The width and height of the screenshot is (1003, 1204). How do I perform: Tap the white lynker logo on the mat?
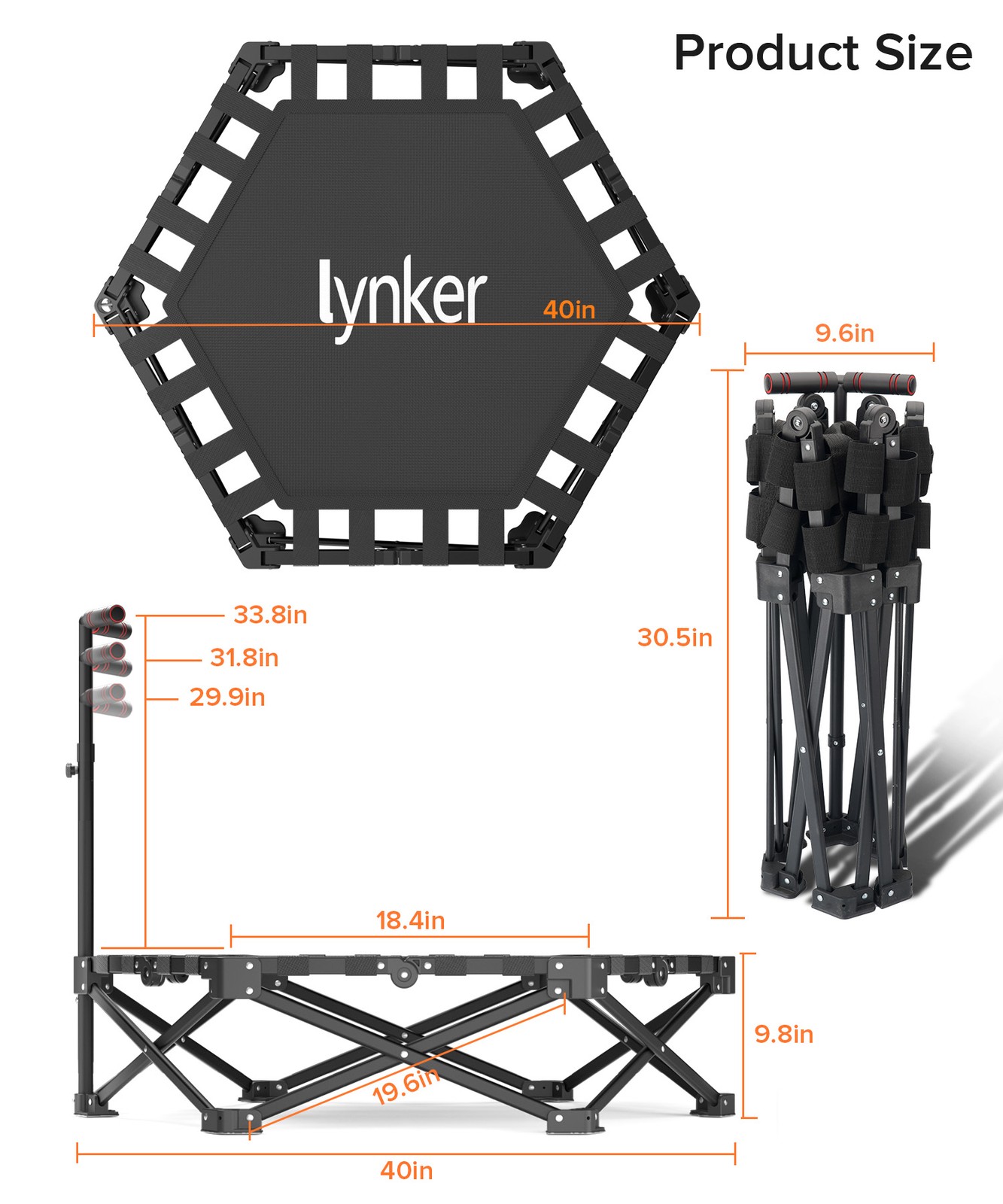tap(403, 299)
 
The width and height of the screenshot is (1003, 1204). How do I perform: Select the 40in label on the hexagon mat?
tap(569, 309)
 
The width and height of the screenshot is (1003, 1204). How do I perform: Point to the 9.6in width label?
tap(845, 333)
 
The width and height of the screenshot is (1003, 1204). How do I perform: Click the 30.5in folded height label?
tap(675, 637)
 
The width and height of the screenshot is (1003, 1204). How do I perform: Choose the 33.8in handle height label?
tap(270, 615)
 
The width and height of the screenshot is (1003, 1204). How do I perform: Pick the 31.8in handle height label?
tap(245, 658)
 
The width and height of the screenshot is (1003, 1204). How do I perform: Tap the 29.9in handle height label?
tap(227, 697)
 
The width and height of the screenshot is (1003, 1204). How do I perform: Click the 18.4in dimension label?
tap(410, 920)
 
